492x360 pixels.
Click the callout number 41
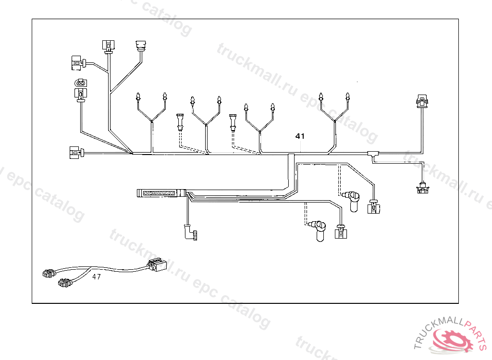300,136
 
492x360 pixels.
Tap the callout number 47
97,276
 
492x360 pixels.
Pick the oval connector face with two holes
80,83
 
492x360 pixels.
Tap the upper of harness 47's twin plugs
49,274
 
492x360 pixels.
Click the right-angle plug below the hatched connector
190,233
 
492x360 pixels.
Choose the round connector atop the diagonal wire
141,47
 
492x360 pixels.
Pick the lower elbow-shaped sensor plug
319,229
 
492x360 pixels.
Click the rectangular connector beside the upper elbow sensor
373,208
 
